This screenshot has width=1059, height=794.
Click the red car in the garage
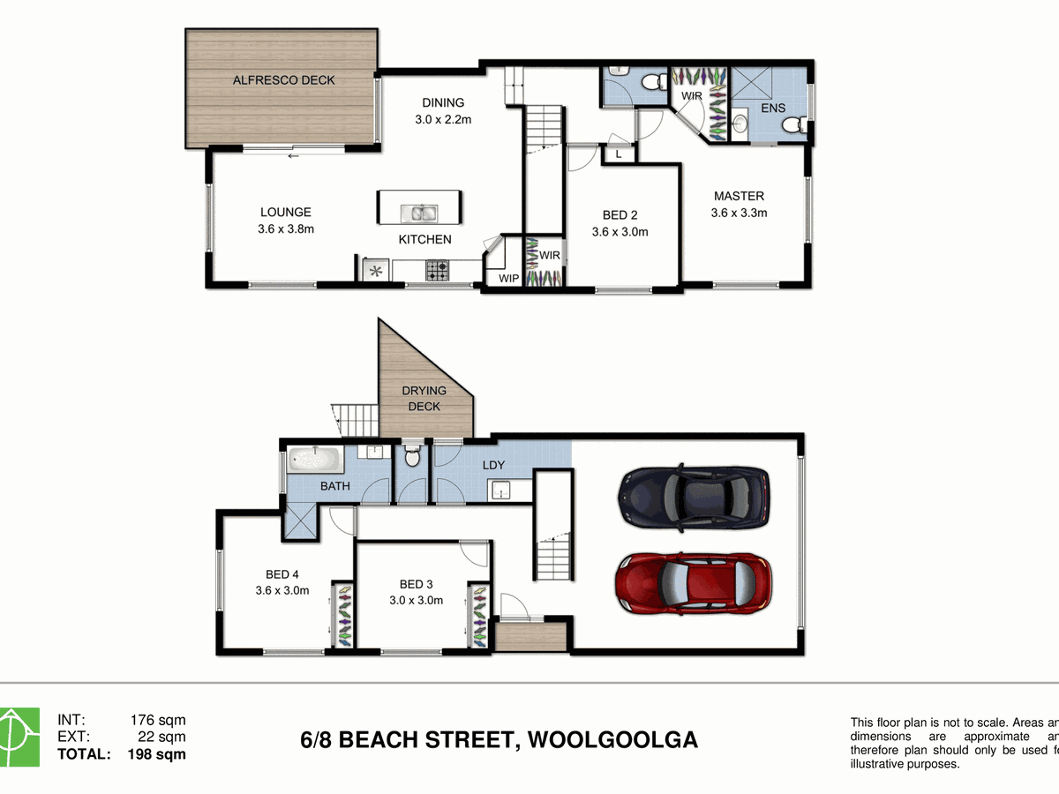tap(692, 583)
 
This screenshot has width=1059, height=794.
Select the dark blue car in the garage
tap(694, 496)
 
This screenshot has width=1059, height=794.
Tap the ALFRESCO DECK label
tap(283, 80)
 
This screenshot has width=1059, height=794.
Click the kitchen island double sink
tap(418, 213)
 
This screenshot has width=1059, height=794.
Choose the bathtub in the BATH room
tap(315, 460)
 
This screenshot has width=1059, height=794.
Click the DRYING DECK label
tap(424, 398)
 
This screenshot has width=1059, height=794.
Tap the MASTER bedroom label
tap(739, 196)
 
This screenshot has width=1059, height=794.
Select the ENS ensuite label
tap(772, 109)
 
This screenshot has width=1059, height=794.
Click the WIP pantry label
tap(508, 278)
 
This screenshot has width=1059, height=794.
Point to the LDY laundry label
tap(492, 465)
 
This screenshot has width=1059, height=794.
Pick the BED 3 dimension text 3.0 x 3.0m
tap(416, 600)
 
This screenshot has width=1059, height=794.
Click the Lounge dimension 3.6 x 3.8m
tap(285, 228)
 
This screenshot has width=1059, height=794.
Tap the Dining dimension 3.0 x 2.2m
tap(442, 119)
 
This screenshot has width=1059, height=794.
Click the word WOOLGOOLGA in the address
tap(612, 738)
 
